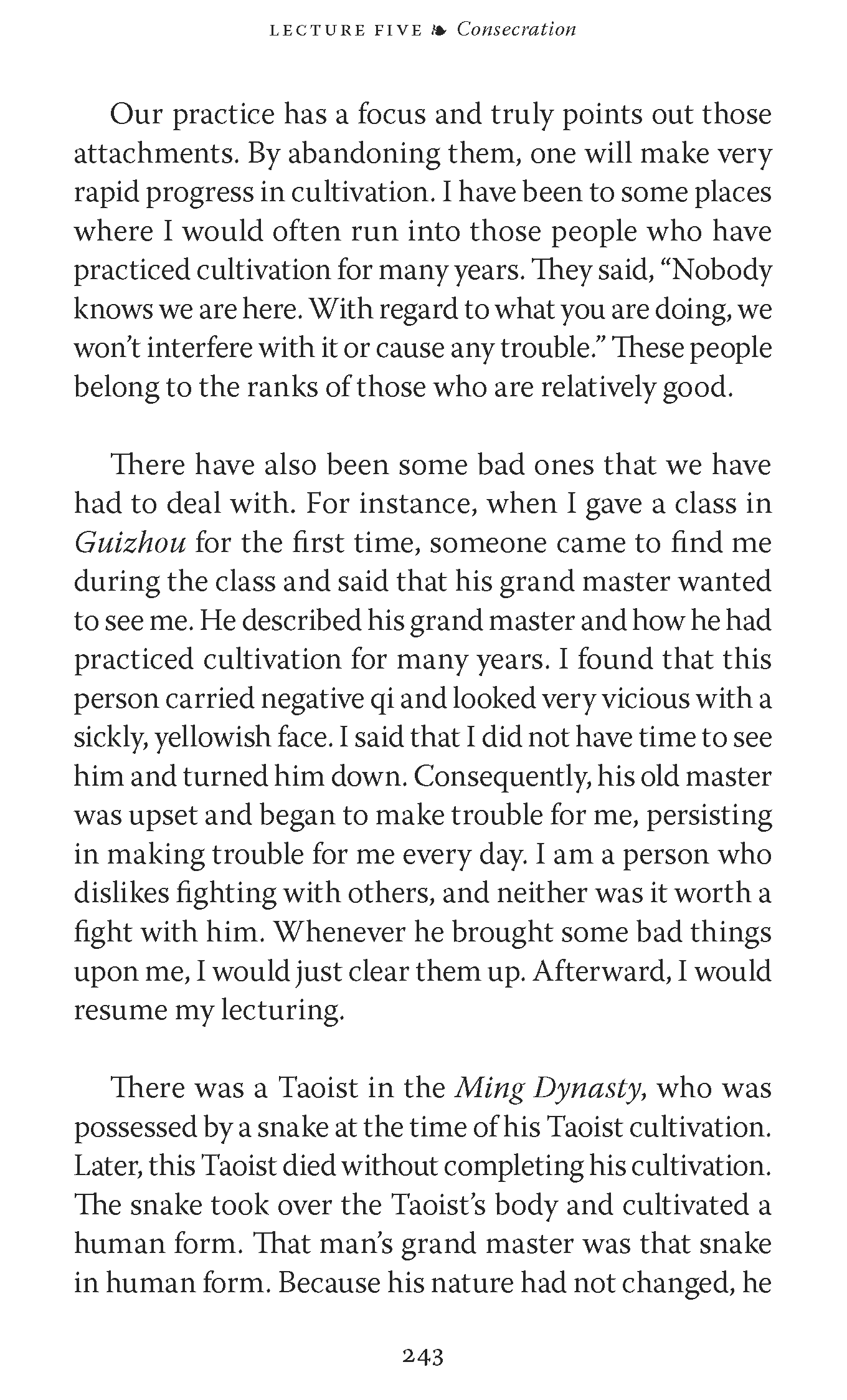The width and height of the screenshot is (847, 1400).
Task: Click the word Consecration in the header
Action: pyautogui.click(x=516, y=29)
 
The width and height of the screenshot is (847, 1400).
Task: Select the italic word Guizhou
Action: pyautogui.click(x=130, y=543)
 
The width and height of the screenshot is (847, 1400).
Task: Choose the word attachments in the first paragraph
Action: pyautogui.click(x=155, y=154)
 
